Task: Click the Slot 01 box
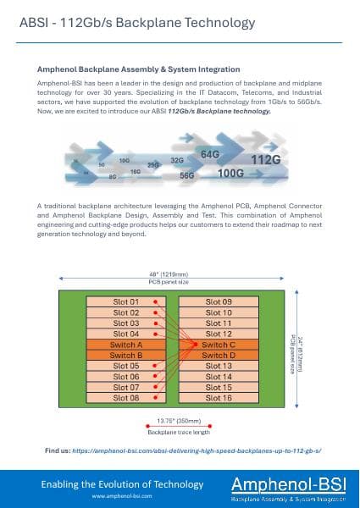(x=126, y=302)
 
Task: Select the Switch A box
(x=126, y=345)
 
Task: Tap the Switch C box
(x=219, y=345)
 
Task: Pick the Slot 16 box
(x=219, y=397)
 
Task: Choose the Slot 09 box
(x=219, y=302)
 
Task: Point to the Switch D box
(x=219, y=356)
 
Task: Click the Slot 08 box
(x=126, y=397)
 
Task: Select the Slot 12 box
(x=219, y=334)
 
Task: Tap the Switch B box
(x=126, y=356)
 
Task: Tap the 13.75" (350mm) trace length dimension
(x=178, y=421)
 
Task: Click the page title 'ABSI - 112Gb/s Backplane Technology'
(x=136, y=22)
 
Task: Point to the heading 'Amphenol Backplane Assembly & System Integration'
(x=139, y=69)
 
